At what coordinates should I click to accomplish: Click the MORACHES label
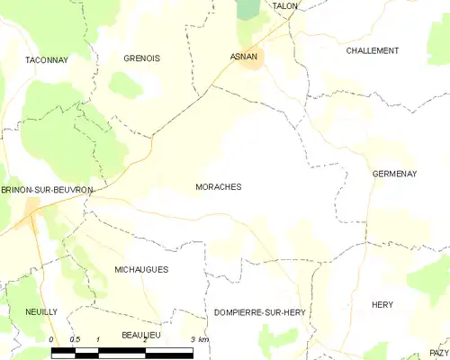(x=218, y=187)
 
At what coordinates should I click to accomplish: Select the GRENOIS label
(x=142, y=58)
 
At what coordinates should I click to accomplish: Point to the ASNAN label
(x=244, y=56)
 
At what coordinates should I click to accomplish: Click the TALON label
(x=284, y=6)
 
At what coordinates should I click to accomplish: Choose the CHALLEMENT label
(x=373, y=51)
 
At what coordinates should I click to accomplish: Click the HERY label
(x=382, y=305)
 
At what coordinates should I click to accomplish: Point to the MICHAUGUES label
(x=141, y=269)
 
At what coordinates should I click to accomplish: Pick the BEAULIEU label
(x=141, y=334)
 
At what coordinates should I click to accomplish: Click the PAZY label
(x=438, y=352)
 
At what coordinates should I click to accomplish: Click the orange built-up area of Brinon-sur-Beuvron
(x=31, y=209)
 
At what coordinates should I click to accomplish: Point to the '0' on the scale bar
(x=51, y=339)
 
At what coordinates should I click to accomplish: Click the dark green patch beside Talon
(x=247, y=11)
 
